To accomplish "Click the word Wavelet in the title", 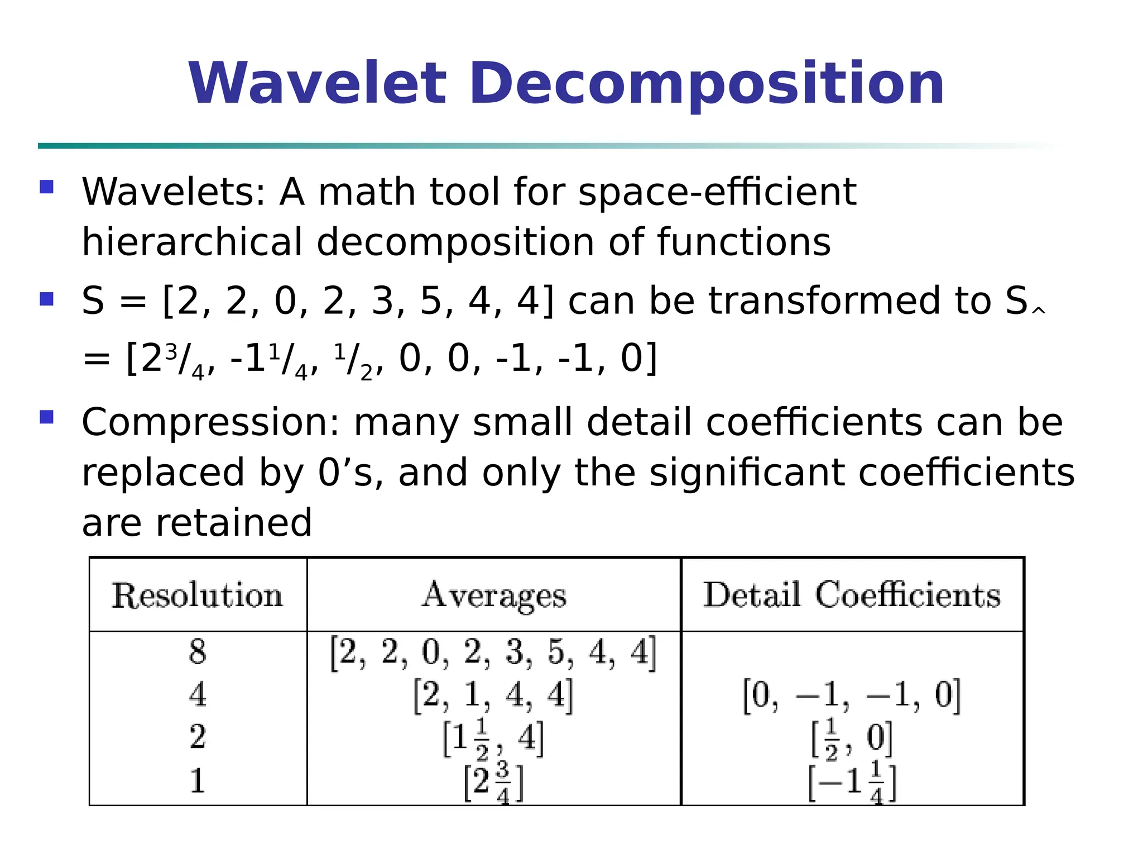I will click(x=318, y=83).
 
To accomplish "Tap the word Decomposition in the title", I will click(x=707, y=83).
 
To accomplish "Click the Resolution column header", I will click(x=198, y=595).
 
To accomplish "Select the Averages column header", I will click(x=494, y=595).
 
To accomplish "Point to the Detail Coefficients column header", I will click(x=852, y=595).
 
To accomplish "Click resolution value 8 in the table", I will click(x=198, y=652).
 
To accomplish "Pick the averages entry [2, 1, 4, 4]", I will click(x=493, y=695).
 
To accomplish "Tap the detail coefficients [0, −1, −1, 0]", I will click(x=852, y=695).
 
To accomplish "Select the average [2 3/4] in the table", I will click(x=494, y=781).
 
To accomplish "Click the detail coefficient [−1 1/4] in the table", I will click(x=852, y=781).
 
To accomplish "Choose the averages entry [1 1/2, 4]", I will click(x=493, y=738).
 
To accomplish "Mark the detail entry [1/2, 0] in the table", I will click(x=852, y=738).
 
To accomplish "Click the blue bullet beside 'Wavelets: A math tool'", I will click(x=47, y=187).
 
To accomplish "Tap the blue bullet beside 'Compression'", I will click(x=47, y=417).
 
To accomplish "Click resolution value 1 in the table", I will click(x=198, y=781).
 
